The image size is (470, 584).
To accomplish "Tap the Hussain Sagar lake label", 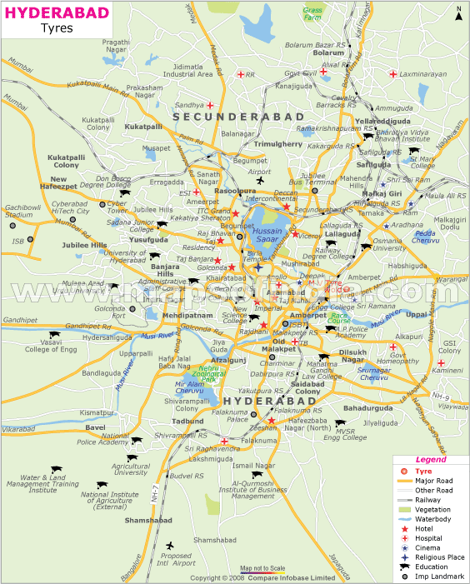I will coord(267,234).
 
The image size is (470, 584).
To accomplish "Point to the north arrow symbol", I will coord(458,12).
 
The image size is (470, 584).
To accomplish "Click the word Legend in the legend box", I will coord(431,459).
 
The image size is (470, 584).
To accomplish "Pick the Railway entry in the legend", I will coord(430,499).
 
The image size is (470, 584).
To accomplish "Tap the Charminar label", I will coord(277,363).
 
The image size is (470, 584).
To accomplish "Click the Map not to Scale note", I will coord(263,568).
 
